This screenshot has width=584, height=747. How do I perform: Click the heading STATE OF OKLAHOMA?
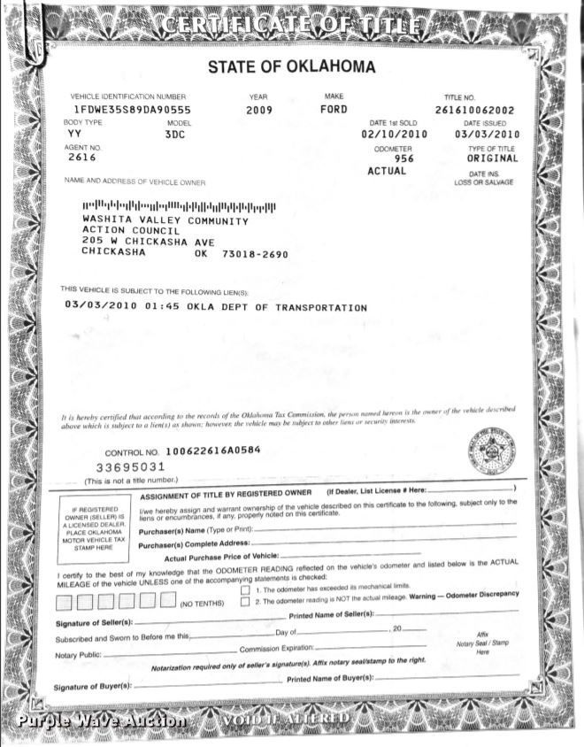pos(291,66)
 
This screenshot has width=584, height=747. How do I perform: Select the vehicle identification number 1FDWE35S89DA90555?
pos(132,109)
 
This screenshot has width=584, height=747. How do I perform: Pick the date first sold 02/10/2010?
pos(394,135)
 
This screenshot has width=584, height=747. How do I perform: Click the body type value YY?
pos(74,134)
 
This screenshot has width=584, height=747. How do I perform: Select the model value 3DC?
pos(176,135)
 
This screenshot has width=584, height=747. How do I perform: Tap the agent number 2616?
pos(82,158)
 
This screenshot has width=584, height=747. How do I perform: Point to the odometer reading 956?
pos(403,158)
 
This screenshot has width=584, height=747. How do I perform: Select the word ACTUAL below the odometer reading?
pos(387,171)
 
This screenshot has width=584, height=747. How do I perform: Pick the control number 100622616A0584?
pos(213,450)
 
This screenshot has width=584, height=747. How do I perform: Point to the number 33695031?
pos(130,466)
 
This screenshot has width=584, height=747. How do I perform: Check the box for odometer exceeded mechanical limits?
pos(245,589)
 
